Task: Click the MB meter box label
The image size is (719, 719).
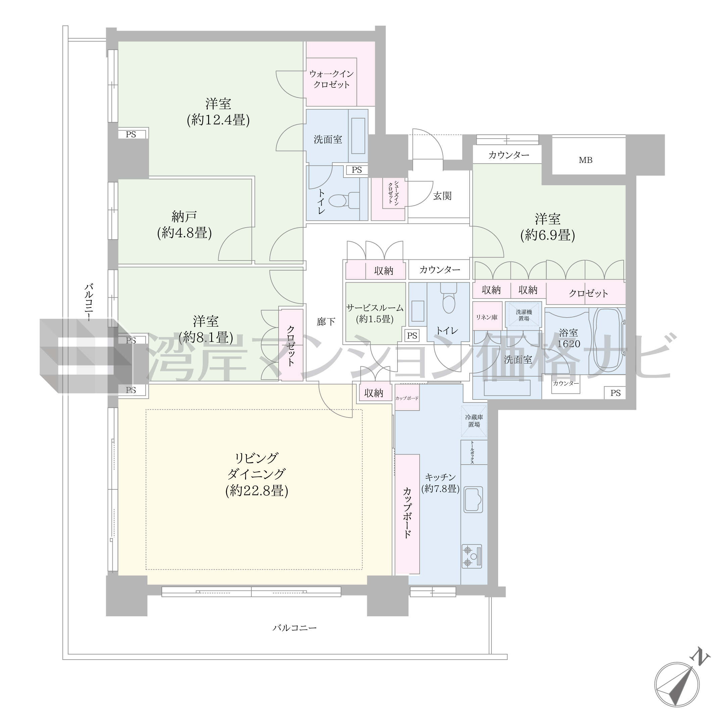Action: [585, 160]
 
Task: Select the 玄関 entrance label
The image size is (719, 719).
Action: [442, 196]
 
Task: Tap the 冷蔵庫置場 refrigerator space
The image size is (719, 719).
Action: [474, 421]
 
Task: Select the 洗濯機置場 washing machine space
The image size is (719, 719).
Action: [524, 315]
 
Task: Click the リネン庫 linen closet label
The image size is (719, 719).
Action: [487, 318]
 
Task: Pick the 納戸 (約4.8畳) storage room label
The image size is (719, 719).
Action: [184, 225]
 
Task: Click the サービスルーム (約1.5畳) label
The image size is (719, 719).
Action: [375, 314]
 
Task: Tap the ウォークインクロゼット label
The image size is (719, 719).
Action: [331, 79]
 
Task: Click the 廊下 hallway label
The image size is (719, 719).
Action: [326, 322]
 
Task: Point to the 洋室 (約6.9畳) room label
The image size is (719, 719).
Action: [547, 227]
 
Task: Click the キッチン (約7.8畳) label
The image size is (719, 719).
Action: [440, 483]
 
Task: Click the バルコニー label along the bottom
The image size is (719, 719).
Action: [294, 628]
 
